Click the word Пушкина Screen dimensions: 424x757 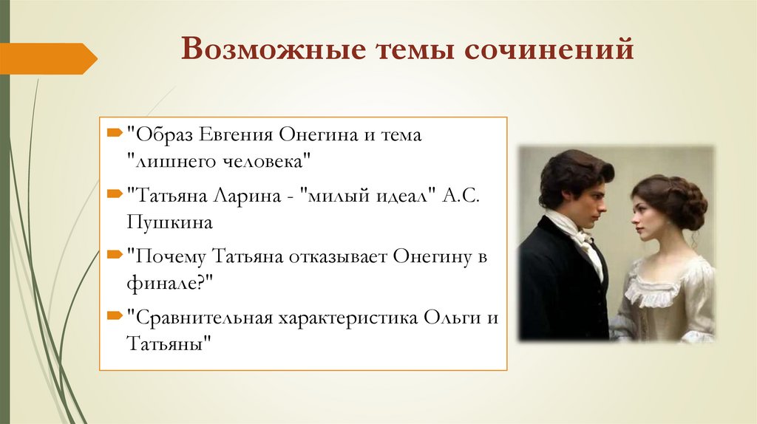(169, 221)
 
